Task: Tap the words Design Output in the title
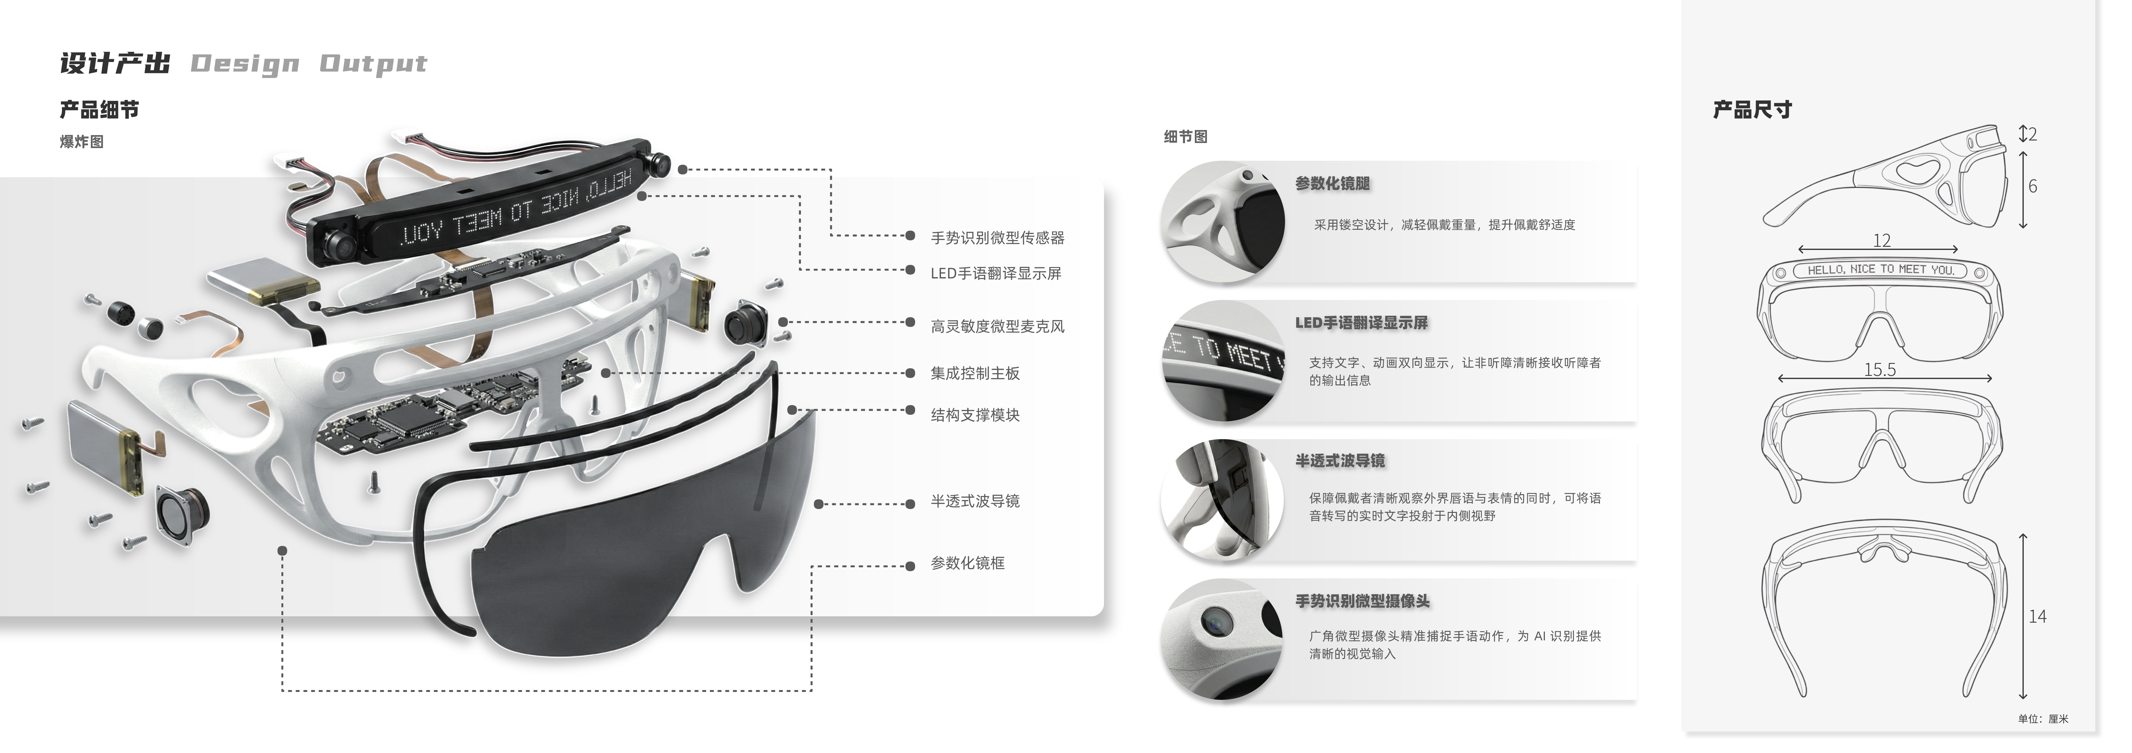[309, 64]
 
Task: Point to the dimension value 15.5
[1879, 370]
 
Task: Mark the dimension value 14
[2037, 616]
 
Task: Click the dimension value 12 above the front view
[1881, 241]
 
